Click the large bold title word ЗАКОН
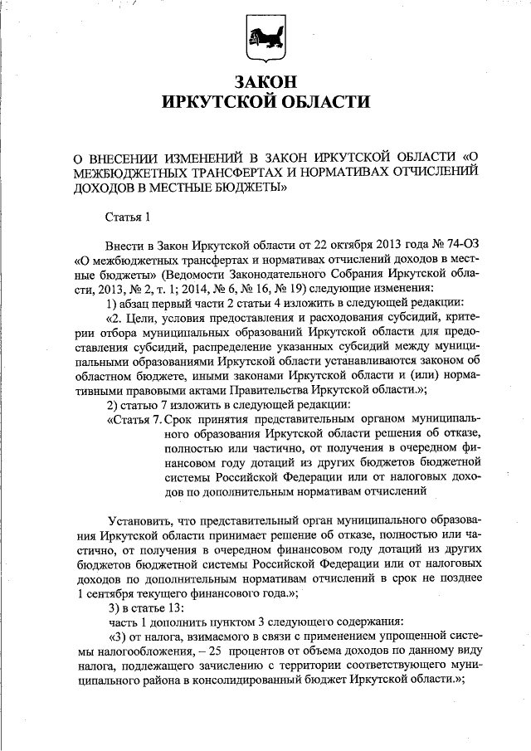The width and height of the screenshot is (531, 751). [265, 82]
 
